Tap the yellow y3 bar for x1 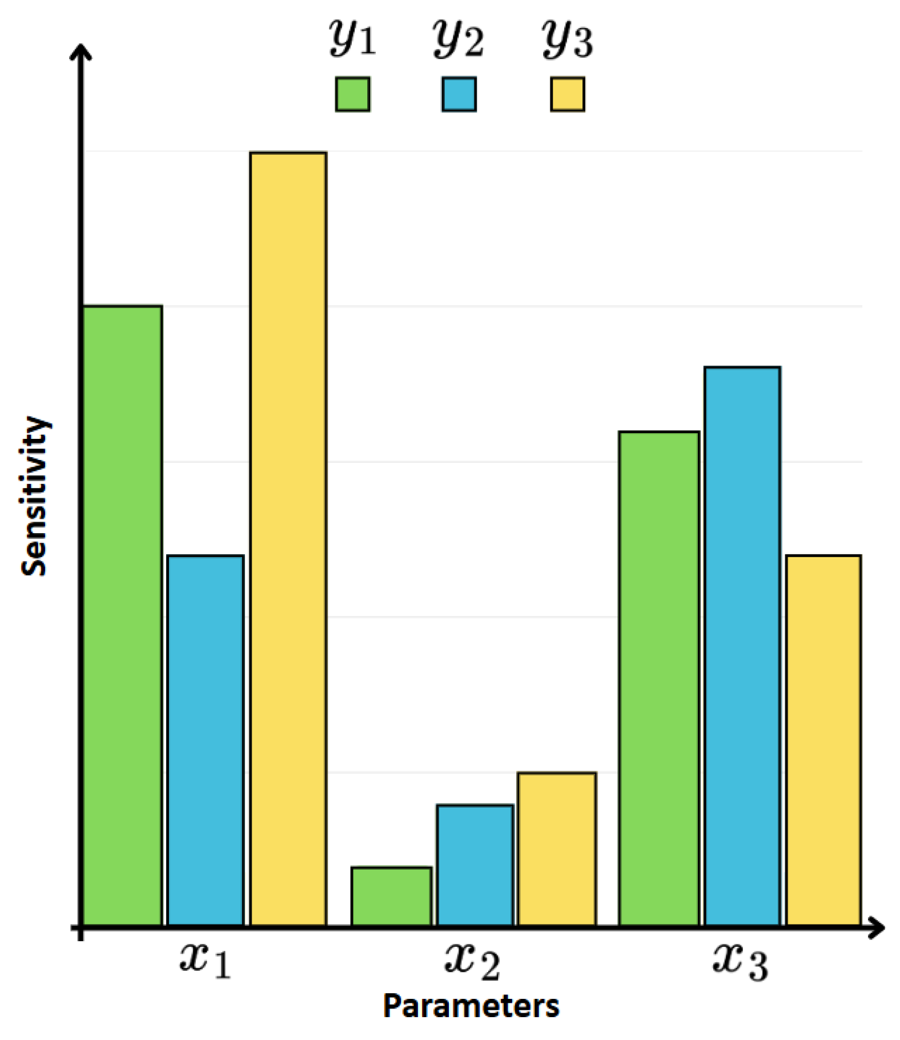click(288, 537)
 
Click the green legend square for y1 click(352, 94)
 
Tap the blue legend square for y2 click(459, 94)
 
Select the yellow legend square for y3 click(567, 94)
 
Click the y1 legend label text click(352, 38)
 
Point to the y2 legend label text click(459, 38)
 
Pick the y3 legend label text click(567, 38)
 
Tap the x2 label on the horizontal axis click(472, 961)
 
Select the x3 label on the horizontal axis click(740, 961)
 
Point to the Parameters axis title click(471, 1006)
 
